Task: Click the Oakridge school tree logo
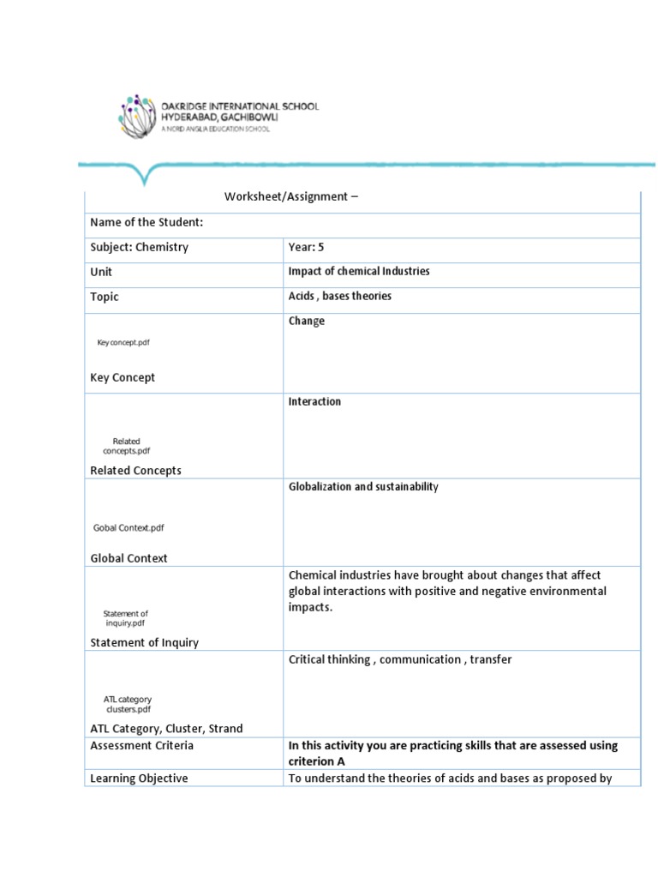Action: click(138, 115)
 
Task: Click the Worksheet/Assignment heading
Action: click(291, 197)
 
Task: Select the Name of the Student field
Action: click(147, 223)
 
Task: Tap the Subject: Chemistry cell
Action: click(139, 248)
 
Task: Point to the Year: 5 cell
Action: click(306, 248)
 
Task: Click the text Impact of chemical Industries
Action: click(359, 272)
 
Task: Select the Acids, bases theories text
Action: click(339, 297)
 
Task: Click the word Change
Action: click(307, 322)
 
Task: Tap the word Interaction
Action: click(314, 402)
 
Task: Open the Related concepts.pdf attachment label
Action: click(127, 446)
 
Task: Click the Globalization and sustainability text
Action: click(363, 487)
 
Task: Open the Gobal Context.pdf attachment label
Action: click(128, 528)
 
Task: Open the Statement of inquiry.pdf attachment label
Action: click(125, 618)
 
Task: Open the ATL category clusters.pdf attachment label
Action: click(127, 704)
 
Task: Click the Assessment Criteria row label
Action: click(142, 746)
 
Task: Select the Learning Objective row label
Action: click(139, 779)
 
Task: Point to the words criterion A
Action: click(316, 761)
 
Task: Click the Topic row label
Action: click(105, 298)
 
